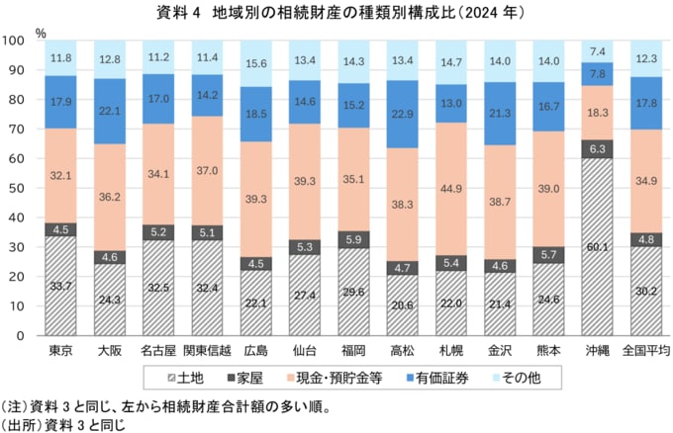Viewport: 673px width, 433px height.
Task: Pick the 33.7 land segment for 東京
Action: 61,287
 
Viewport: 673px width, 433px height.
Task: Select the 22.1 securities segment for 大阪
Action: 111,111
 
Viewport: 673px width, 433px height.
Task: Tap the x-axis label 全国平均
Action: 648,351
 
